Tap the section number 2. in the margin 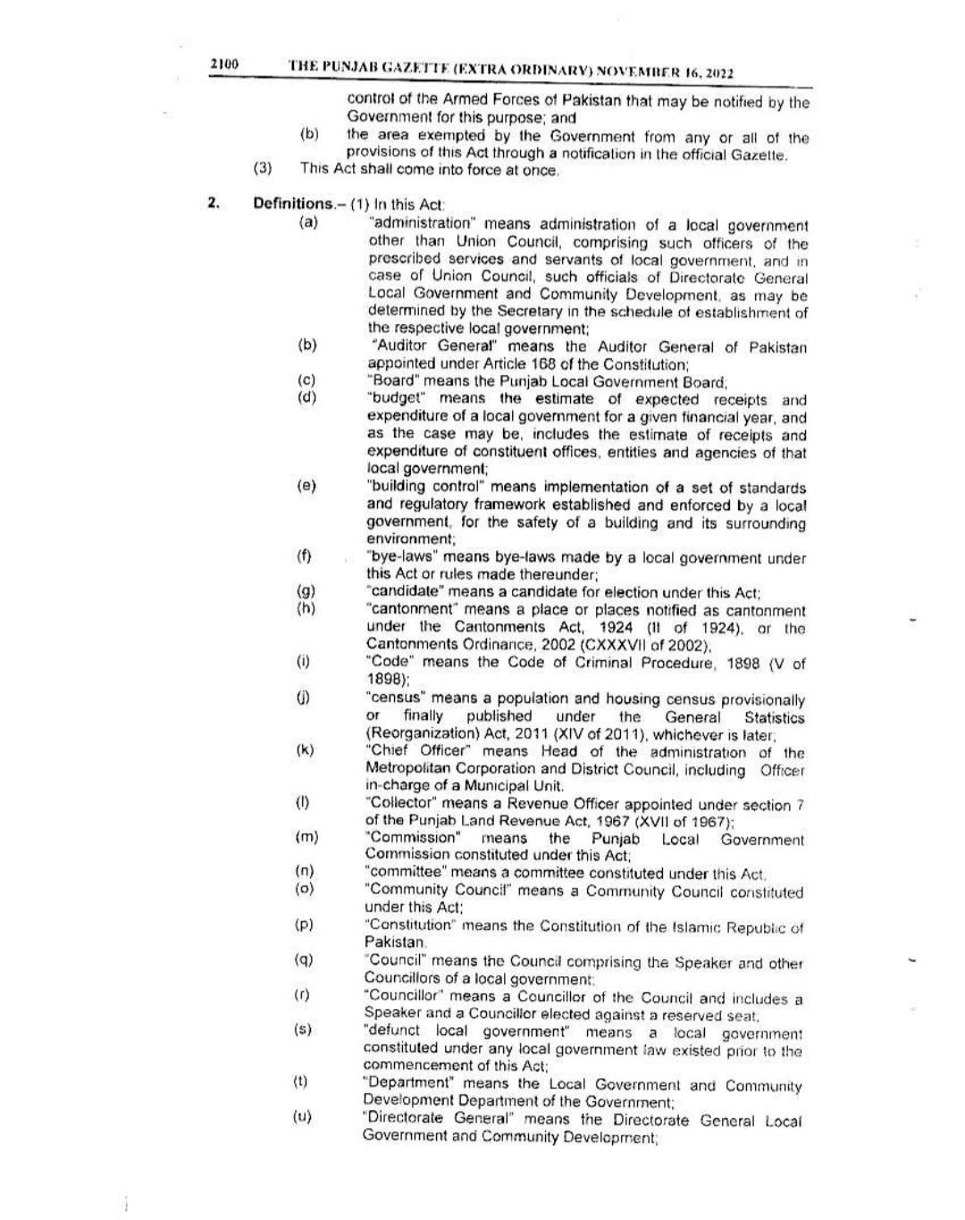pos(214,204)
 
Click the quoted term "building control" pos(425,488)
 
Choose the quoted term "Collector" pos(404,805)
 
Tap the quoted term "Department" pos(410,1085)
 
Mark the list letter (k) pos(305,750)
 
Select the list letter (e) pos(306,486)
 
